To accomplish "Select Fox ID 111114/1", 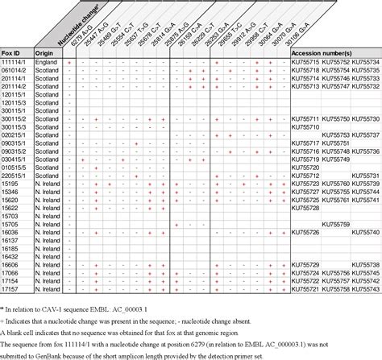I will pos(16,62).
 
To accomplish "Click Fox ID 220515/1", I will pos(16,175).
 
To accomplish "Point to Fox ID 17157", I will pos(10,288).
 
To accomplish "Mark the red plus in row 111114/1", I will pos(70,62).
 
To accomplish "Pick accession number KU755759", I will pos(334,223).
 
